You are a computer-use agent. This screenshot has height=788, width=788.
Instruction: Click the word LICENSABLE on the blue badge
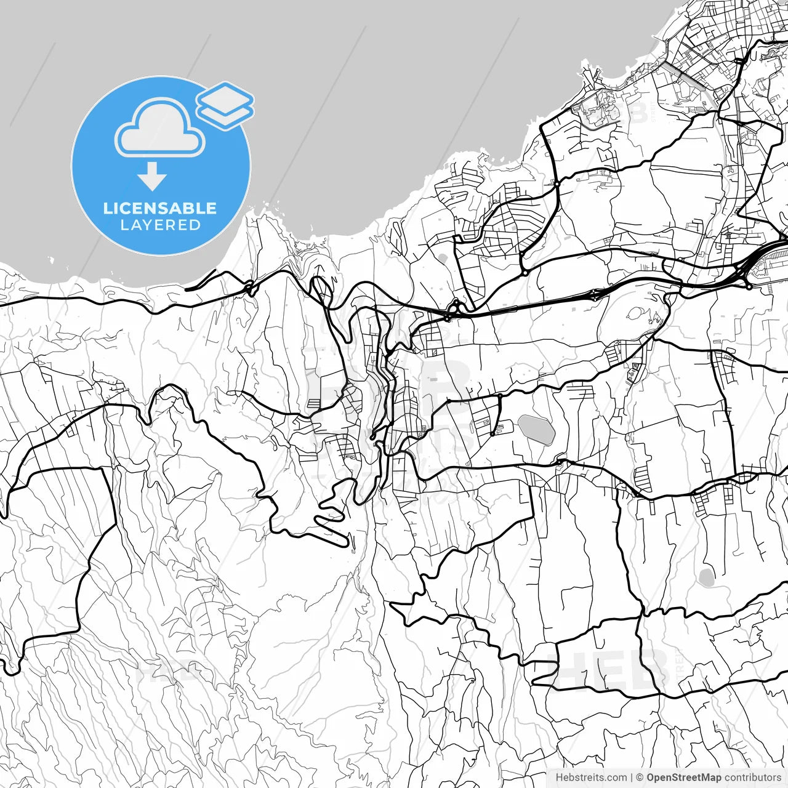tap(160, 208)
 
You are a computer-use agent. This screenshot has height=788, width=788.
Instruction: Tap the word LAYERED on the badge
tap(160, 225)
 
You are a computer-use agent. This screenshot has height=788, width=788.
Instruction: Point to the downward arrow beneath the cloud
tap(152, 177)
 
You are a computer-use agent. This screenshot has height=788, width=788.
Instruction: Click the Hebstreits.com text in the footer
tap(592, 778)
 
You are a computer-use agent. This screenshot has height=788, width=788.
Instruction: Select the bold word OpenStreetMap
tap(683, 778)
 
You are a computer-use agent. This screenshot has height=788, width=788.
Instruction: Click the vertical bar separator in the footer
tap(632, 778)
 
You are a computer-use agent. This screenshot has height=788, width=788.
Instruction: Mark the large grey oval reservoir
tap(536, 428)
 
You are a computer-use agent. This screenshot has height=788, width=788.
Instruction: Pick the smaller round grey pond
tap(706, 577)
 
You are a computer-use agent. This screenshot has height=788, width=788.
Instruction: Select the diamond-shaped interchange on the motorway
tap(596, 295)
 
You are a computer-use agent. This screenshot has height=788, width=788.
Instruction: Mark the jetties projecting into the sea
tap(591, 77)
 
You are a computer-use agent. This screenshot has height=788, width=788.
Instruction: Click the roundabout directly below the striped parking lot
tap(749, 286)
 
